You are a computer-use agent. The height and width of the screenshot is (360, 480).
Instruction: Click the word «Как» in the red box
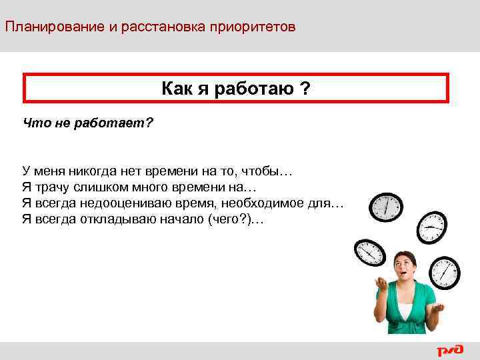177,89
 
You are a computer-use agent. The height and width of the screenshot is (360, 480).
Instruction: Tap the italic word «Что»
34,123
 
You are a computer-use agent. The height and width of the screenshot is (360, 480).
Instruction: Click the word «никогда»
87,172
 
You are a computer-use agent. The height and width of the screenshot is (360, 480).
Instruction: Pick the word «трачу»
52,188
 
